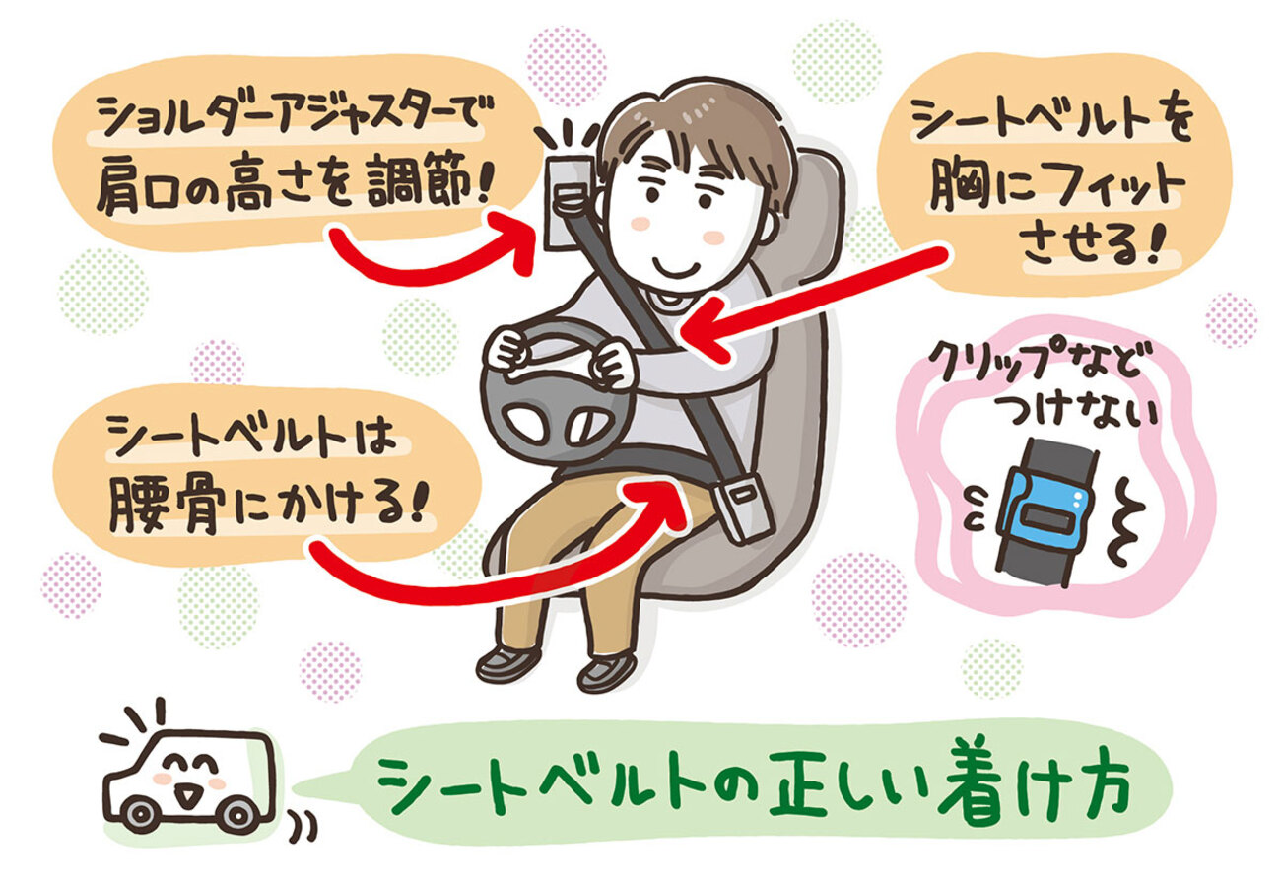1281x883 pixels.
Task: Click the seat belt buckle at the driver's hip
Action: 742,507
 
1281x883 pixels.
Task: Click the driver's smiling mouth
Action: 677,266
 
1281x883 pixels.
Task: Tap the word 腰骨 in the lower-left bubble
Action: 165,504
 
